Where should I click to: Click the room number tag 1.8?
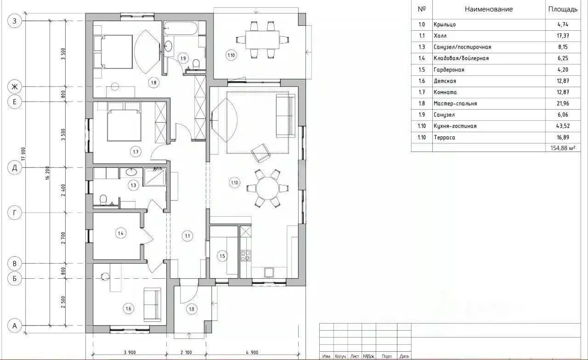pyautogui.click(x=153, y=83)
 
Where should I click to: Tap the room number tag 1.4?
pyautogui.click(x=120, y=233)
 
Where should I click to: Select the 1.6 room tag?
pyautogui.click(x=128, y=309)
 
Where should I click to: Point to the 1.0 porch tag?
pyautogui.click(x=192, y=309)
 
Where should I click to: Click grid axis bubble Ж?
pyautogui.click(x=14, y=87)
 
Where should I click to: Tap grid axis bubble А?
pyautogui.click(x=14, y=326)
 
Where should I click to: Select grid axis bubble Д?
pyautogui.click(x=14, y=168)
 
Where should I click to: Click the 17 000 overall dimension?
pyautogui.click(x=23, y=154)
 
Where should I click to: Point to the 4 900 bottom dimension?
pyautogui.click(x=252, y=352)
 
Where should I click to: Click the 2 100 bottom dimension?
pyautogui.click(x=186, y=352)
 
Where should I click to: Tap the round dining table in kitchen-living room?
pyautogui.click(x=267, y=188)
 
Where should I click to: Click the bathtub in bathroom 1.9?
pyautogui.click(x=181, y=28)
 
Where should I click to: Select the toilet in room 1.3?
pyautogui.click(x=103, y=200)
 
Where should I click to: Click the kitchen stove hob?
pyautogui.click(x=245, y=255)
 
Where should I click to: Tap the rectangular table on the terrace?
pyautogui.click(x=262, y=40)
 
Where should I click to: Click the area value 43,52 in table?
pyautogui.click(x=563, y=126)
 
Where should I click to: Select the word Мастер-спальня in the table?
pyautogui.click(x=455, y=103)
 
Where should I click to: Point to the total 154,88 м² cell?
pyautogui.click(x=563, y=148)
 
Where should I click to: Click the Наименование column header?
pyautogui.click(x=489, y=9)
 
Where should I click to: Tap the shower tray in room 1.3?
pyautogui.click(x=155, y=177)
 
